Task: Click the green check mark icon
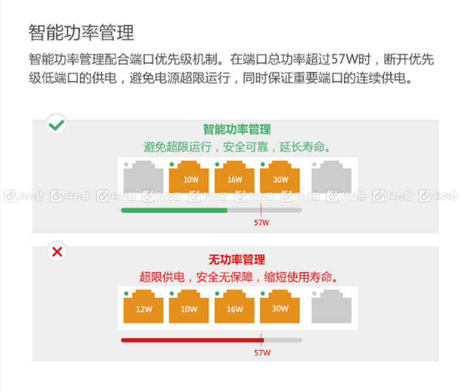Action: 56,125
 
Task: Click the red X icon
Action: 57,252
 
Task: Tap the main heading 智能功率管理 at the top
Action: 81,32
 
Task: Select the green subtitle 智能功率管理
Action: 237,130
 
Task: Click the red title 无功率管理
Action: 237,259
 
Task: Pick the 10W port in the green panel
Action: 189,176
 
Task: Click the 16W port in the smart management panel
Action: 235,176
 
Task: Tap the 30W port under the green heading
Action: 280,176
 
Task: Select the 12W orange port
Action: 143,306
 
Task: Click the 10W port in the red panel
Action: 189,306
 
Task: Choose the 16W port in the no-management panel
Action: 235,306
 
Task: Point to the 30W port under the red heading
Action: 280,306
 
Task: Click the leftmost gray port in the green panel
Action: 143,176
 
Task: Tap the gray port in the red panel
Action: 332,306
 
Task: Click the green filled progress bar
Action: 174,210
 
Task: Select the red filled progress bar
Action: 192,340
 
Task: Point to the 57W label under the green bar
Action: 261,223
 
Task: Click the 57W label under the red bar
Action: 262,352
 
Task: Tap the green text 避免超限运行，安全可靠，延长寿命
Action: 237,147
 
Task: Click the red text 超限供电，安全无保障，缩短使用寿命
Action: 239,277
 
